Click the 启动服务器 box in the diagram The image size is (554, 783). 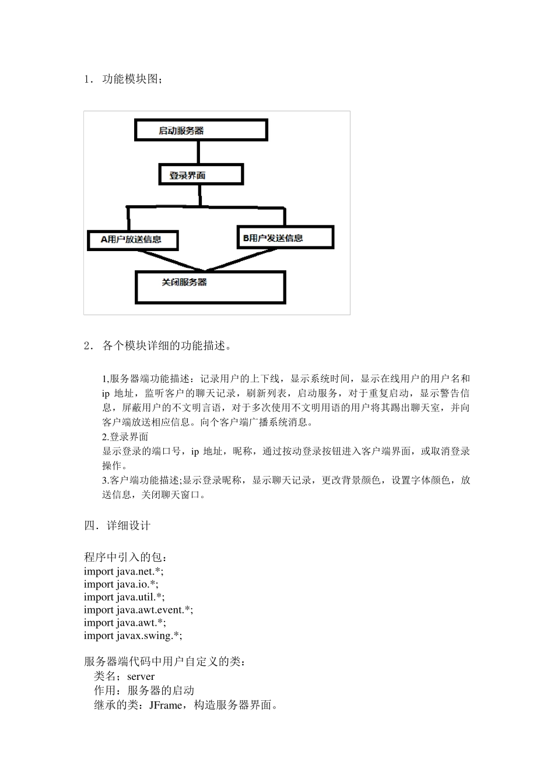click(201, 130)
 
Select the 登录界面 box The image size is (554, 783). click(201, 175)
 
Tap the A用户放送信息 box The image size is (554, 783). click(132, 239)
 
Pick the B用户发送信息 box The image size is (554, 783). click(285, 237)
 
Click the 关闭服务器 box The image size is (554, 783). click(210, 287)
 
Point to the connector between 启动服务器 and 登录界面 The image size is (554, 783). click(198, 153)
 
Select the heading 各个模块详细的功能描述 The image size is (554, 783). click(167, 345)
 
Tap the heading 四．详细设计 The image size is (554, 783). click(117, 525)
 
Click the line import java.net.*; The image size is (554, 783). click(124, 572)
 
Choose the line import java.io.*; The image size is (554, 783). click(121, 584)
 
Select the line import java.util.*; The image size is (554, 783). click(124, 597)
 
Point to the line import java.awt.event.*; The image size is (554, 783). click(138, 610)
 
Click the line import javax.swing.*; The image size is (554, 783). click(133, 636)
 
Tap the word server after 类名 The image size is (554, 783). click(141, 676)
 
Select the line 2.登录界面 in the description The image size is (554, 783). click(125, 437)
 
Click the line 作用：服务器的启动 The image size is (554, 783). click(144, 691)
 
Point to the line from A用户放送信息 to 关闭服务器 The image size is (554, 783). click(173, 260)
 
